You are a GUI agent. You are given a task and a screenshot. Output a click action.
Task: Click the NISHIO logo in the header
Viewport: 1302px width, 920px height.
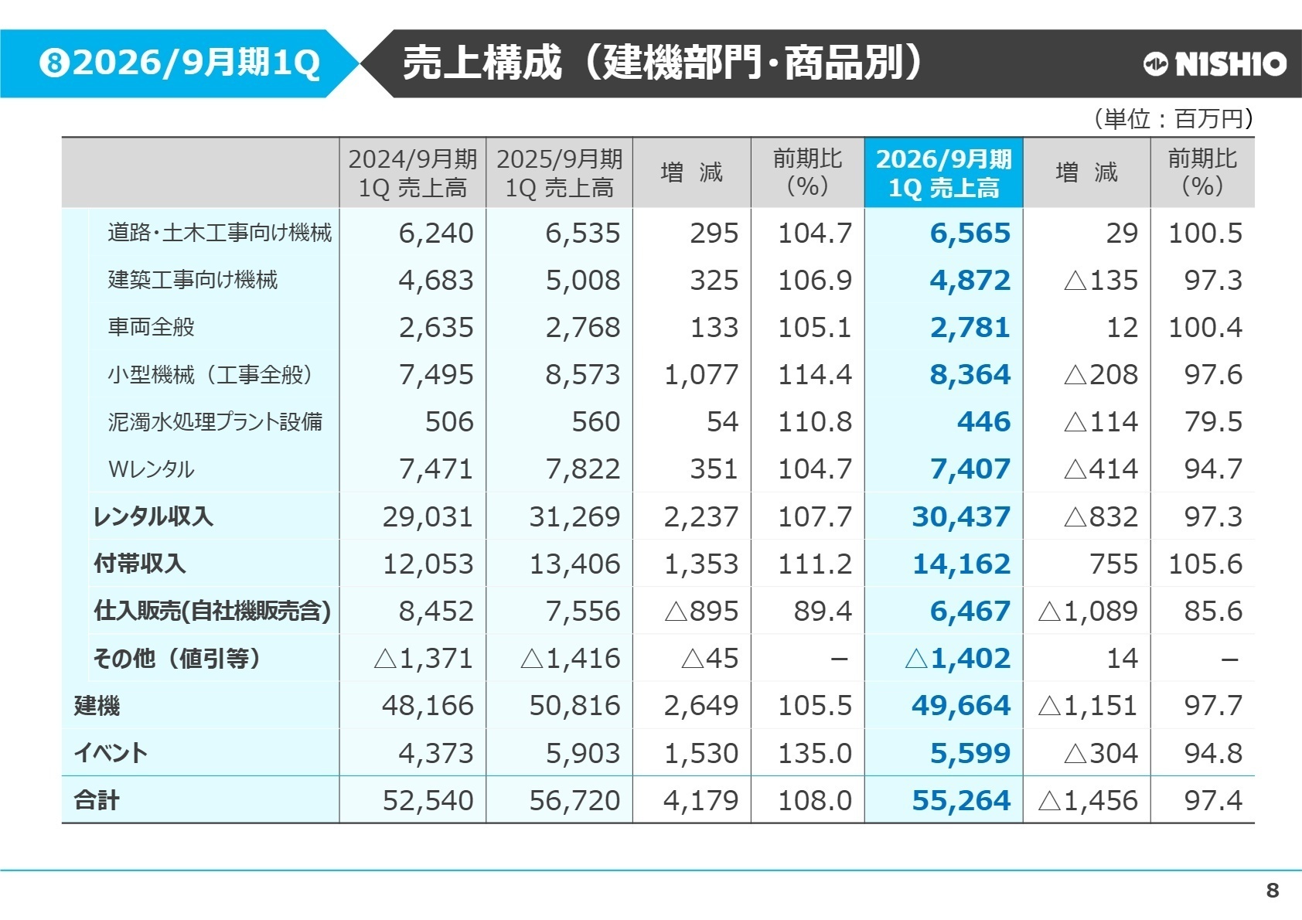coord(1215,64)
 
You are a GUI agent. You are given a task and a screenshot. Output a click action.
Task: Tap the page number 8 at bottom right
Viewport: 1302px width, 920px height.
coord(1272,891)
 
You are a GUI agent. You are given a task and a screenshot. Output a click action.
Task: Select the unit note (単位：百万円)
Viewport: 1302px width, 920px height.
coord(1174,119)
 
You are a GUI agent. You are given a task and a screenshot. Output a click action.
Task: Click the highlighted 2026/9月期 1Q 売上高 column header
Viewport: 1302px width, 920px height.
coord(943,173)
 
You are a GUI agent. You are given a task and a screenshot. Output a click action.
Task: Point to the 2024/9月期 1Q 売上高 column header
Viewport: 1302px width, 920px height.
coord(412,173)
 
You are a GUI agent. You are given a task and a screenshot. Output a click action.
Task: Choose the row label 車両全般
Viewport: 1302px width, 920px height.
coord(152,327)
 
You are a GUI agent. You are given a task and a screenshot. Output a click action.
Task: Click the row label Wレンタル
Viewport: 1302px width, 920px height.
coord(152,469)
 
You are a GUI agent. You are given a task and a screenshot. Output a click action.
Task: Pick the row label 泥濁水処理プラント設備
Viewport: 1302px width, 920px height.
coord(215,422)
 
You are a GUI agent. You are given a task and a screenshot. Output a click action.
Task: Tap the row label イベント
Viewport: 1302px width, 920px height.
coord(111,753)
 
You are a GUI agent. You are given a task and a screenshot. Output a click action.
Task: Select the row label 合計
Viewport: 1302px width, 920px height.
coord(97,800)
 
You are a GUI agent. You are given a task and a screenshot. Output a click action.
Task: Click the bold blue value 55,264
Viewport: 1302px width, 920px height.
coord(961,801)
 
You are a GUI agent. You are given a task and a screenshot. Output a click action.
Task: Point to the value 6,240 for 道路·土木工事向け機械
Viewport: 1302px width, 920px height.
coord(436,233)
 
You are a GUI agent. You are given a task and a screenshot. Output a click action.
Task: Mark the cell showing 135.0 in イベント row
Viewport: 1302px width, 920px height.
coord(815,753)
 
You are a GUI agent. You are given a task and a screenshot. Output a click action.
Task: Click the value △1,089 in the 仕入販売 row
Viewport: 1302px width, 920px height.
coord(1088,612)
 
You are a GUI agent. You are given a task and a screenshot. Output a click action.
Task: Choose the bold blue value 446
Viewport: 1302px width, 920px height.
coord(983,422)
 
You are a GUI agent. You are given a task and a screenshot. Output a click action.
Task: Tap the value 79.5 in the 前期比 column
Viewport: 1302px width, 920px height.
coord(1213,422)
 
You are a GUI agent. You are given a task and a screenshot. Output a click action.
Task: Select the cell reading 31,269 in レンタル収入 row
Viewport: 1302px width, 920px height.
coord(574,516)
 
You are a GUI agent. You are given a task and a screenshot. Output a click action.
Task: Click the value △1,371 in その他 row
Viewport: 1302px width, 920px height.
coord(423,659)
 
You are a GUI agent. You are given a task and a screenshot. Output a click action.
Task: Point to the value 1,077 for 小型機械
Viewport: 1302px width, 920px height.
coord(701,375)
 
